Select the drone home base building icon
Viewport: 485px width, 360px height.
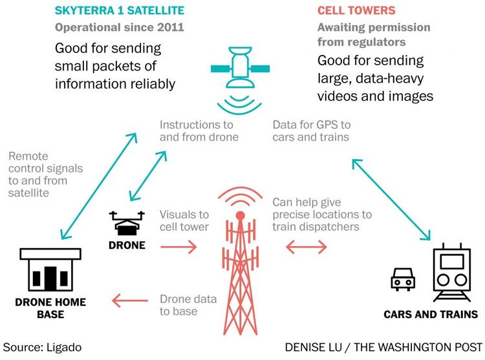coord(48,268)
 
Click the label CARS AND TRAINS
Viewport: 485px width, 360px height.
coord(430,315)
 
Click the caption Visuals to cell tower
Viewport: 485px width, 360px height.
coord(186,220)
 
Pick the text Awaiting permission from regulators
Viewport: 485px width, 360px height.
coord(363,36)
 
